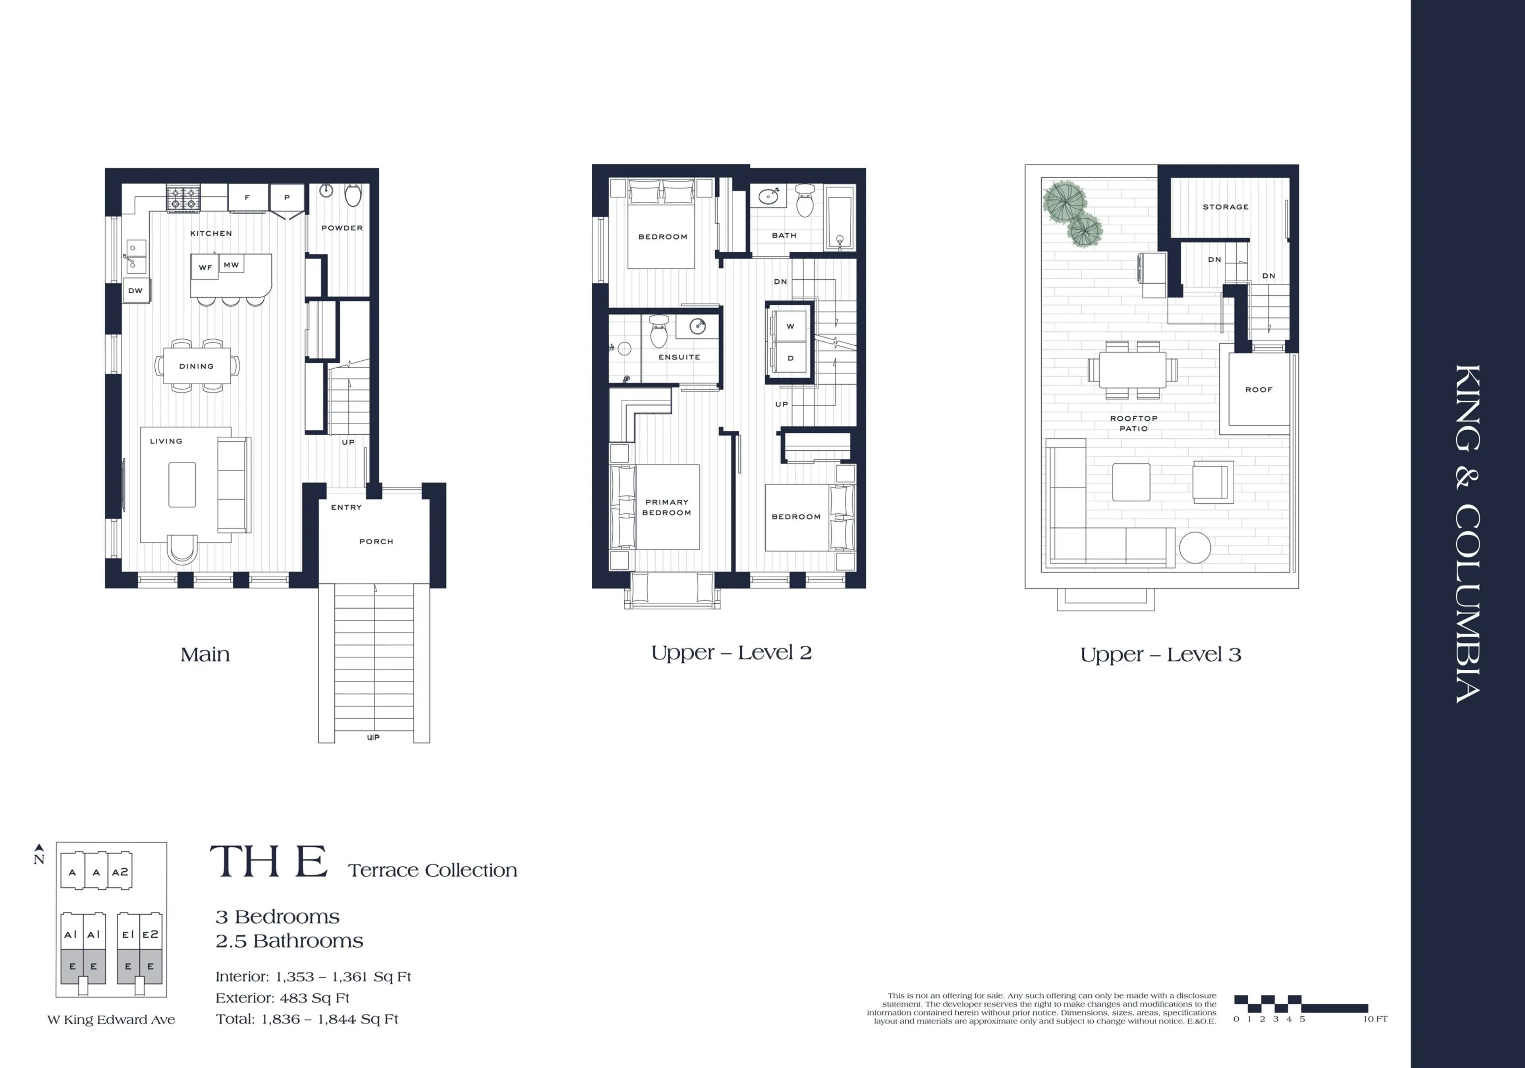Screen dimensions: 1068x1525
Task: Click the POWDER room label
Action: (x=342, y=228)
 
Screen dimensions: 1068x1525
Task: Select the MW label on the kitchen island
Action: (x=231, y=265)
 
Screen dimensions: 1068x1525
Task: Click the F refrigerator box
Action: (x=247, y=197)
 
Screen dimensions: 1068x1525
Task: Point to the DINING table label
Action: (x=197, y=366)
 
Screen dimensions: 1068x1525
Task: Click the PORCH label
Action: (x=376, y=542)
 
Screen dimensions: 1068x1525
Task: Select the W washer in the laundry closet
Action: (x=790, y=326)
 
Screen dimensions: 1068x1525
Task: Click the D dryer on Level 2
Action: (x=790, y=358)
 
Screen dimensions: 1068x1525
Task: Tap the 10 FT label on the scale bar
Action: (x=1375, y=1019)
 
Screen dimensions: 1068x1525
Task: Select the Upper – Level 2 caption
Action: (x=731, y=653)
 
